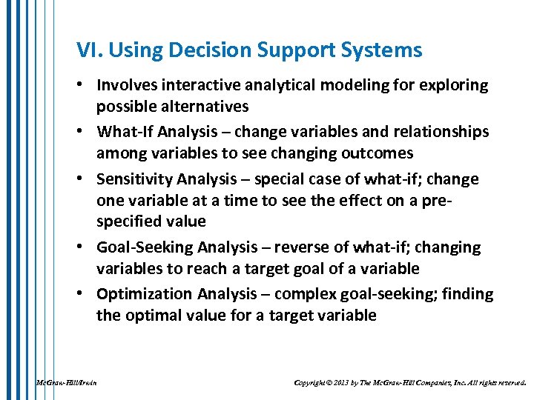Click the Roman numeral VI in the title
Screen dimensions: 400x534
[86, 50]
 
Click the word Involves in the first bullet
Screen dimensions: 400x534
[128, 85]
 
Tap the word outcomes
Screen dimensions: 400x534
[373, 153]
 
